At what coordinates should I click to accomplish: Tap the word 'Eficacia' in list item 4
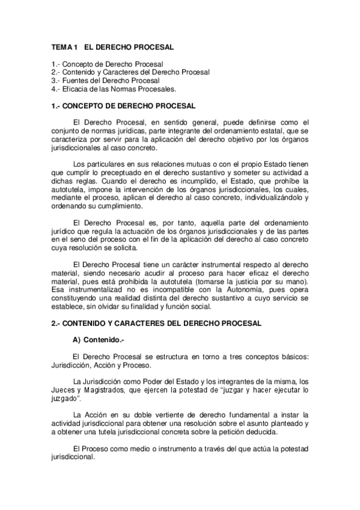point(77,89)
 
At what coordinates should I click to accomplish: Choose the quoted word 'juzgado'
point(66,399)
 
